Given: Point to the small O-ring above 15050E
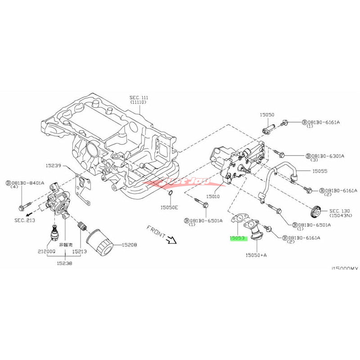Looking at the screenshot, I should point(170,193).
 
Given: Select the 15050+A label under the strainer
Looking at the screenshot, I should point(256,255).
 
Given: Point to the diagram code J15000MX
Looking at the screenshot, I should point(344,269).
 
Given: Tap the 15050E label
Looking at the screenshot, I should point(169,207).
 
